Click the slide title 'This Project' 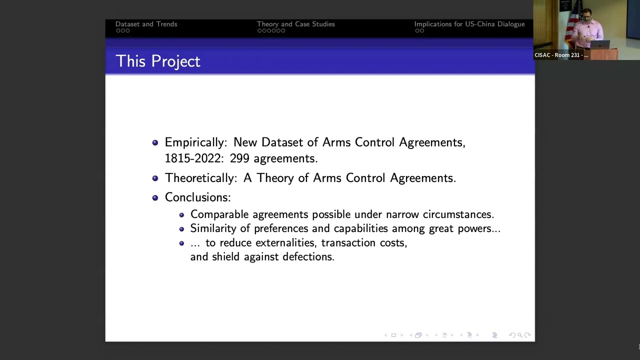coord(157,61)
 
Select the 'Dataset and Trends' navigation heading coord(146,24)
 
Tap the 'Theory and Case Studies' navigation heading coord(295,24)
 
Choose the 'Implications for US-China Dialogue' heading coord(469,24)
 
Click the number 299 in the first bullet coord(239,158)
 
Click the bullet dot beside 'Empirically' coord(155,142)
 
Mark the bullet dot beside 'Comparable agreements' coord(181,215)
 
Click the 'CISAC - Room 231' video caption coord(561,55)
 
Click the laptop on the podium coord(600,44)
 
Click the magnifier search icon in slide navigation coord(519,335)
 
